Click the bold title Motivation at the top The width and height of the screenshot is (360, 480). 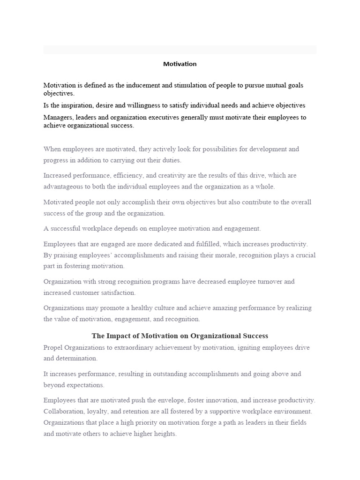point(180,64)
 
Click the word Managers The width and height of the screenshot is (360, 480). point(58,117)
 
